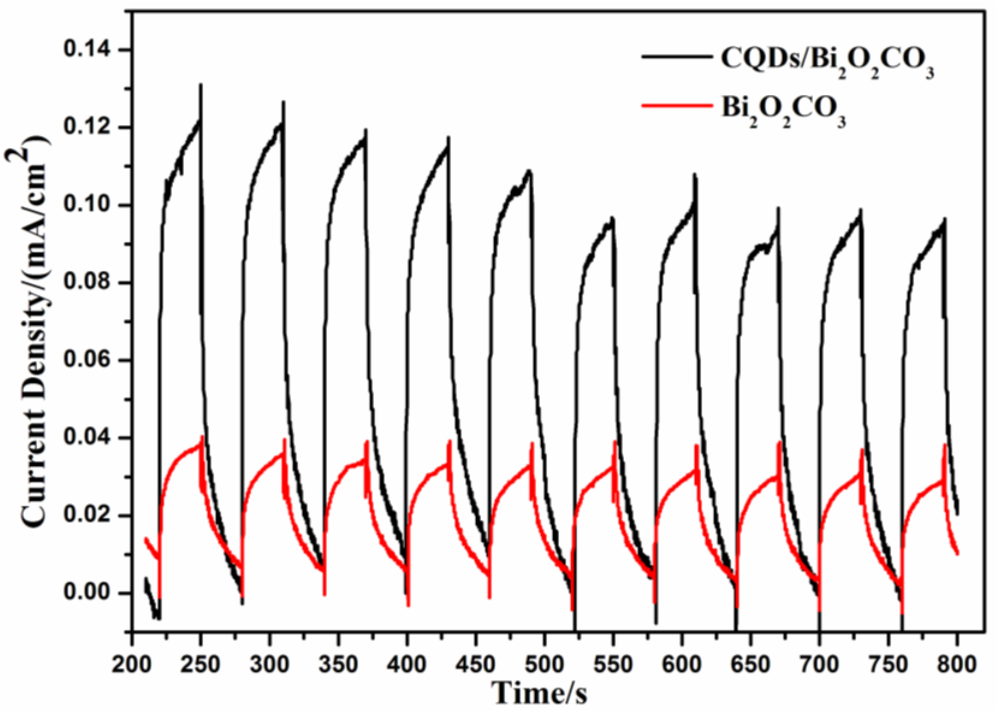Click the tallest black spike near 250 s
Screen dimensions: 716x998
pyautogui.click(x=201, y=85)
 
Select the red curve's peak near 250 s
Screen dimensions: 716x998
pyautogui.click(x=202, y=437)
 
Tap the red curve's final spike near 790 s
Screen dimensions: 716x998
pyautogui.click(x=944, y=445)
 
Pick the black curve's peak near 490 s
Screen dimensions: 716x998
pyautogui.click(x=529, y=171)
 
